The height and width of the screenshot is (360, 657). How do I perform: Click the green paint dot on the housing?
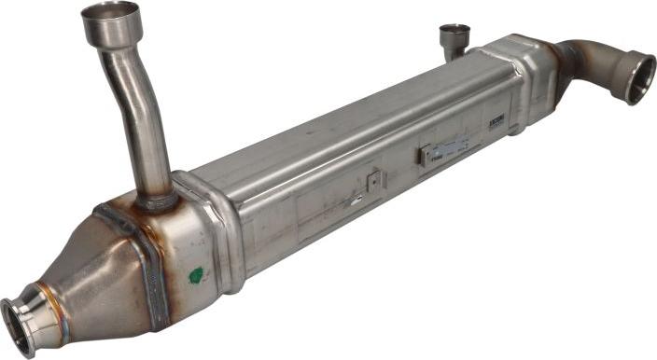pyautogui.click(x=195, y=275)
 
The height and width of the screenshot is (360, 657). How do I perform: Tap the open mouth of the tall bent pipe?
pyautogui.click(x=110, y=12)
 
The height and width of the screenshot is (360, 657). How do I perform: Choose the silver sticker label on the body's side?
pyautogui.click(x=445, y=150)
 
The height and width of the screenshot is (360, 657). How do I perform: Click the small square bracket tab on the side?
pyautogui.click(x=373, y=180)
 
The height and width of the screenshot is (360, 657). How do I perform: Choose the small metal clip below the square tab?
pyautogui.click(x=356, y=199)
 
